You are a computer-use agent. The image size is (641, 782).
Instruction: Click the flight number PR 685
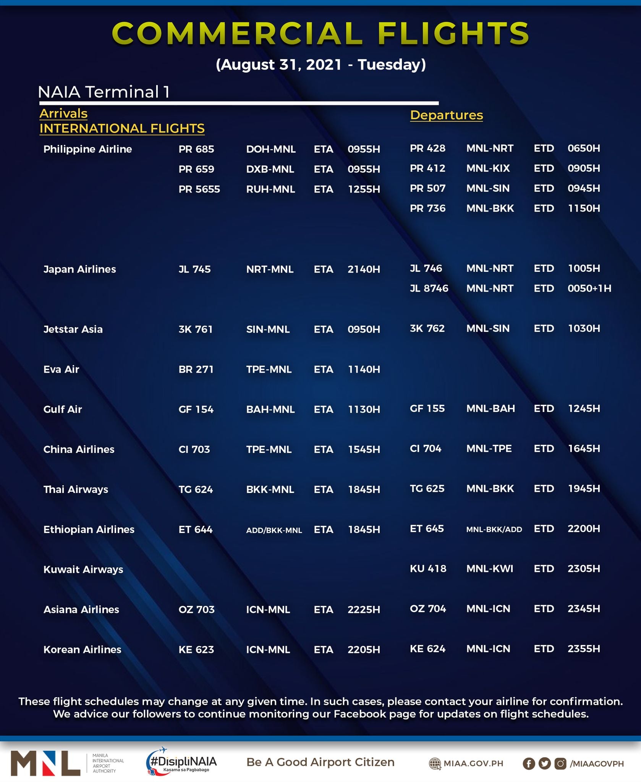[x=196, y=149]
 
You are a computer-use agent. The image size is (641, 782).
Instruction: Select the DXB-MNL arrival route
[x=270, y=169]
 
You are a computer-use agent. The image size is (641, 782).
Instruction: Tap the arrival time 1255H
[x=364, y=189]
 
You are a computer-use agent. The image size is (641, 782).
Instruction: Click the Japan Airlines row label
[x=79, y=269]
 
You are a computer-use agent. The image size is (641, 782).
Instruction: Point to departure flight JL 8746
[x=429, y=288]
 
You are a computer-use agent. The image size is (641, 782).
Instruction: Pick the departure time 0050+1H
[x=589, y=288]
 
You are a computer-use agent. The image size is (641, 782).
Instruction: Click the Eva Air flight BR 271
[x=196, y=369]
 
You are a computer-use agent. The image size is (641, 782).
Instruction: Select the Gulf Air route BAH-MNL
[x=270, y=409]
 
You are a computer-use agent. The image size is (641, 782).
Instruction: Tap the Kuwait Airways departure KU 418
[x=428, y=569]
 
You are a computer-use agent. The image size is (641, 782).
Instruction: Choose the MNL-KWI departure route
[x=490, y=569]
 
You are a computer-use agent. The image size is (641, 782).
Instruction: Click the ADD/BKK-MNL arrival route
[x=274, y=530]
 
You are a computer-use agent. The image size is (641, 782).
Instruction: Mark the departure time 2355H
[x=584, y=649]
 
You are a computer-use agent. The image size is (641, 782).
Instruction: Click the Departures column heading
[x=446, y=115]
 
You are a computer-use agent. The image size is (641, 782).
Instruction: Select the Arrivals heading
[x=63, y=113]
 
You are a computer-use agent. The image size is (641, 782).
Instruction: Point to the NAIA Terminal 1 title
[x=104, y=92]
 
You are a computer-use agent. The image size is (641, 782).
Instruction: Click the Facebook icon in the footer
[x=529, y=763]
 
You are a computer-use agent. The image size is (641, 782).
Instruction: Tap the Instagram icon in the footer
[x=560, y=763]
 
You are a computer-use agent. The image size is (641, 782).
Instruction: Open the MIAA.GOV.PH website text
[x=473, y=763]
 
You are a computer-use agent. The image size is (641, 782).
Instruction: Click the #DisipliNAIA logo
[x=182, y=762]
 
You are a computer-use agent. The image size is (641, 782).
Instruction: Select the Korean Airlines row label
[x=82, y=650]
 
